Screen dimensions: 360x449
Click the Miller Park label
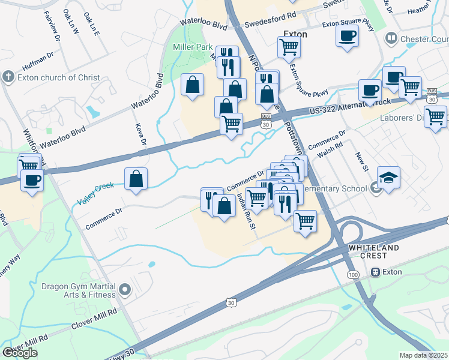click(x=191, y=47)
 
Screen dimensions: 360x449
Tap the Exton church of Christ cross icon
click(x=8, y=77)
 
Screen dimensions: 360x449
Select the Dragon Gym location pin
click(x=125, y=290)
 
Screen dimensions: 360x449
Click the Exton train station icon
click(x=376, y=272)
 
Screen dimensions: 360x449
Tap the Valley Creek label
click(x=95, y=194)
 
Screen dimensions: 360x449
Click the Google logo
click(x=20, y=353)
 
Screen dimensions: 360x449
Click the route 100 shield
click(x=353, y=274)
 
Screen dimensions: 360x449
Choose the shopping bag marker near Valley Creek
click(x=136, y=178)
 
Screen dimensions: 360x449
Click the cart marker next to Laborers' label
click(x=435, y=116)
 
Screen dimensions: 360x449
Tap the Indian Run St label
click(x=246, y=211)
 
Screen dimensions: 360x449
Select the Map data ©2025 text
click(x=424, y=355)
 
